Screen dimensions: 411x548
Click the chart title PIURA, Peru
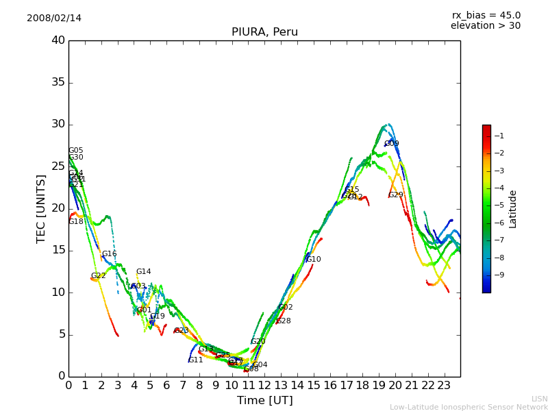(264, 32)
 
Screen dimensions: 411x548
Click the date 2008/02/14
(54, 18)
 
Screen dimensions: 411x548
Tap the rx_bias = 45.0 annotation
(486, 15)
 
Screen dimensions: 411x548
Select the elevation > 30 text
(486, 26)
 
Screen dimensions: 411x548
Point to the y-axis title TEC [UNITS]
(41, 208)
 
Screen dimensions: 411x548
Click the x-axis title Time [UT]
(264, 401)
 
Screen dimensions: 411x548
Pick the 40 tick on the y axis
(58, 40)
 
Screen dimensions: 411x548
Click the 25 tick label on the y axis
(58, 166)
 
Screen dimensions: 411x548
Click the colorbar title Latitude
(513, 208)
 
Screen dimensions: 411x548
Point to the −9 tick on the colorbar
(499, 275)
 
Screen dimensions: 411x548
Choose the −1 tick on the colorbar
(499, 136)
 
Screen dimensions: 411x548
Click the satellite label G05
(75, 151)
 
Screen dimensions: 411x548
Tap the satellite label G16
(110, 254)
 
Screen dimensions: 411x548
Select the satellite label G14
(143, 272)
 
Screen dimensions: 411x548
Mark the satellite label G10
(314, 260)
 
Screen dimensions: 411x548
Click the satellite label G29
(396, 195)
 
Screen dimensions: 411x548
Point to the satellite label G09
(392, 144)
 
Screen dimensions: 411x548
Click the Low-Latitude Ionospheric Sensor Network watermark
(469, 407)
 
